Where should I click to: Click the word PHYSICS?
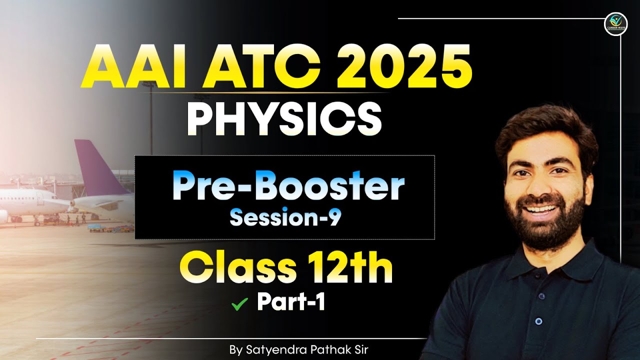tap(283, 120)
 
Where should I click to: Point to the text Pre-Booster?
tap(288, 186)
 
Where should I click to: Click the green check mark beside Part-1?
tap(240, 303)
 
